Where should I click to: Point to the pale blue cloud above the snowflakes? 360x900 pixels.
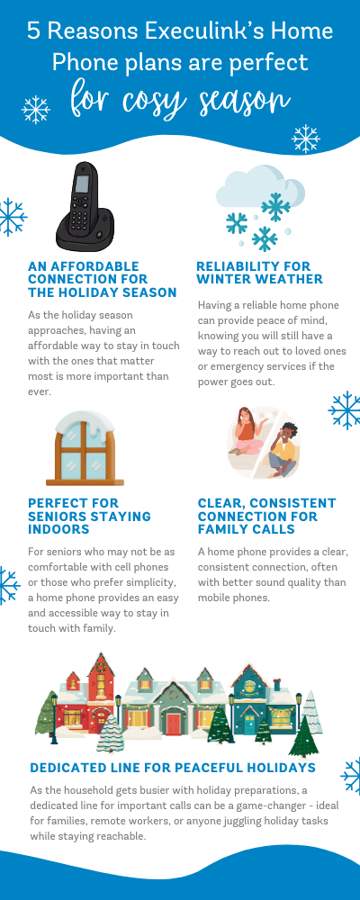click(x=259, y=187)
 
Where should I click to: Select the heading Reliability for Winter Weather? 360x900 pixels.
click(x=259, y=273)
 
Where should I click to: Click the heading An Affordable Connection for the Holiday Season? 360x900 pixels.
click(x=103, y=280)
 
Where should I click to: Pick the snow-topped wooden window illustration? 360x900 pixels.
click(x=85, y=447)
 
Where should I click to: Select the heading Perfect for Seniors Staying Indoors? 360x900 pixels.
click(x=90, y=516)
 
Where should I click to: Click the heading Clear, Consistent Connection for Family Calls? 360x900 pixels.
click(x=267, y=516)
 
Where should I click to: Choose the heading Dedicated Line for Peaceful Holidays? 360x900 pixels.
click(x=173, y=768)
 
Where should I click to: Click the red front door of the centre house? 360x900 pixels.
click(x=174, y=724)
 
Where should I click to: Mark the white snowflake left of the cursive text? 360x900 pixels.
click(x=36, y=109)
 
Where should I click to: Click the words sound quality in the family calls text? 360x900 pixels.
click(x=278, y=582)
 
